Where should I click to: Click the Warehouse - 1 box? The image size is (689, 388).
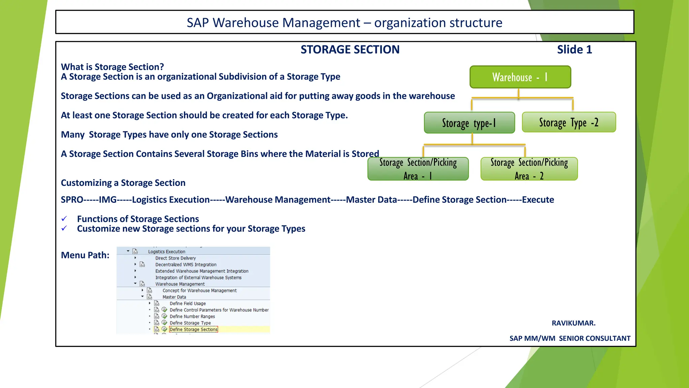[520, 77]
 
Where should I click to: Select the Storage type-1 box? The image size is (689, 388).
[469, 123]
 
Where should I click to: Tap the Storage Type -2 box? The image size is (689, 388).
[569, 122]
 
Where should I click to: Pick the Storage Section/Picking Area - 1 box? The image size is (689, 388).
[418, 169]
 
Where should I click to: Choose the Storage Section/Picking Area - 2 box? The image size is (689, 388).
[529, 169]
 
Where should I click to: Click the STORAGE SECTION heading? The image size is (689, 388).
[350, 50]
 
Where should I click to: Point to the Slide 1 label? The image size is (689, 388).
[574, 50]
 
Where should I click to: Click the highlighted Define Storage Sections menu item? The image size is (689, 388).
[193, 329]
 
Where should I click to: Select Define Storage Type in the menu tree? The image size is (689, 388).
[190, 323]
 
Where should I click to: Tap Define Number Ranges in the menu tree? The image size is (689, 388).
[192, 317]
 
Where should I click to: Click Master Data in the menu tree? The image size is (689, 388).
[174, 297]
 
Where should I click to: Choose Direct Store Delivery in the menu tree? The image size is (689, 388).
[175, 258]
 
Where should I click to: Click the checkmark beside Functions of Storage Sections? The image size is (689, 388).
[64, 219]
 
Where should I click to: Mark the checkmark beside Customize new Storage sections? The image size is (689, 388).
[64, 229]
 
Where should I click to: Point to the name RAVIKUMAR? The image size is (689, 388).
[573, 323]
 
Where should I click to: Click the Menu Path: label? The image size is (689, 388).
[85, 255]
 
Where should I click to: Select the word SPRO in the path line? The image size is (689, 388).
[72, 200]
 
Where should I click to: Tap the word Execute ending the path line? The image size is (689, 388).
[538, 200]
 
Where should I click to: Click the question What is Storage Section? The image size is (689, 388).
[112, 67]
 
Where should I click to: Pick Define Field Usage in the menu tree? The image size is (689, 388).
[187, 303]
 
